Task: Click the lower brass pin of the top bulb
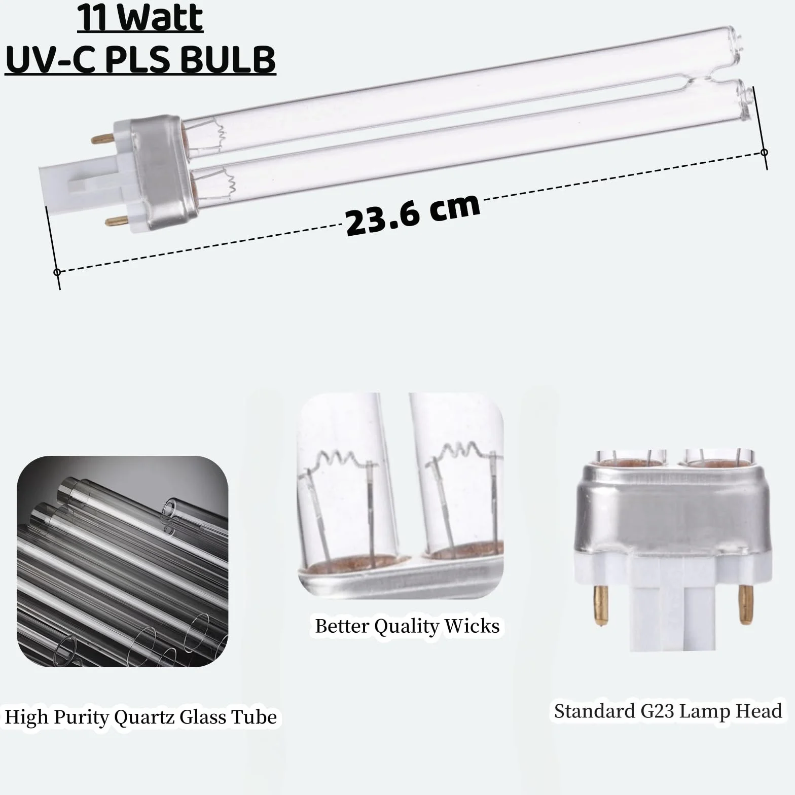coord(116,220)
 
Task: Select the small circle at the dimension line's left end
coord(57,272)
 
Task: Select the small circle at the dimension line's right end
coord(765,152)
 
